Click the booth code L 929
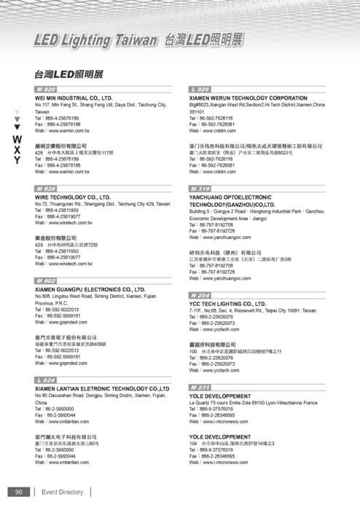(200, 89)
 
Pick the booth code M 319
(200, 188)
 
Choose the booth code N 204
(200, 295)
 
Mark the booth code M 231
(200, 387)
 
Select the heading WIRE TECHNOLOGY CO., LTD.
(72, 197)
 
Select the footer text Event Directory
(63, 492)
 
